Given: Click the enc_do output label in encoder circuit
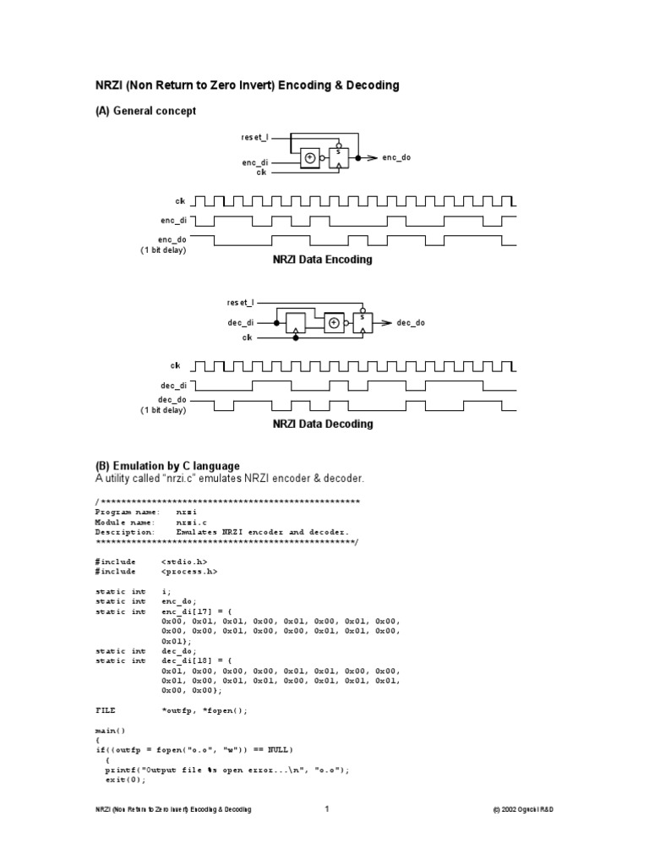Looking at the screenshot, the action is (396, 158).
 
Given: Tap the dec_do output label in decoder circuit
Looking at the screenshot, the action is (411, 323).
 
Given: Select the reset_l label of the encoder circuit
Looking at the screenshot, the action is (254, 136).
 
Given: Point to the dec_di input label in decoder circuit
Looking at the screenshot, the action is (240, 323).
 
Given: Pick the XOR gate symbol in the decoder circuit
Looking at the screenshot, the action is (335, 323).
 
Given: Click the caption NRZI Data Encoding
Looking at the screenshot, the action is (322, 260).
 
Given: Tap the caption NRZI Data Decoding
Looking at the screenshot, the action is (322, 425).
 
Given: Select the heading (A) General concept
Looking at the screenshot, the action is (145, 111).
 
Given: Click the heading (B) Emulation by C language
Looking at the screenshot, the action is (166, 466).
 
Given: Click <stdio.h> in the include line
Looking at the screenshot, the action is (184, 562).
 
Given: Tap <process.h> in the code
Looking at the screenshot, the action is (189, 572).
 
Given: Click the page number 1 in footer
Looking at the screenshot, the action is (325, 810).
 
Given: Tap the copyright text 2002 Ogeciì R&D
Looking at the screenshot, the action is (523, 810).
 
